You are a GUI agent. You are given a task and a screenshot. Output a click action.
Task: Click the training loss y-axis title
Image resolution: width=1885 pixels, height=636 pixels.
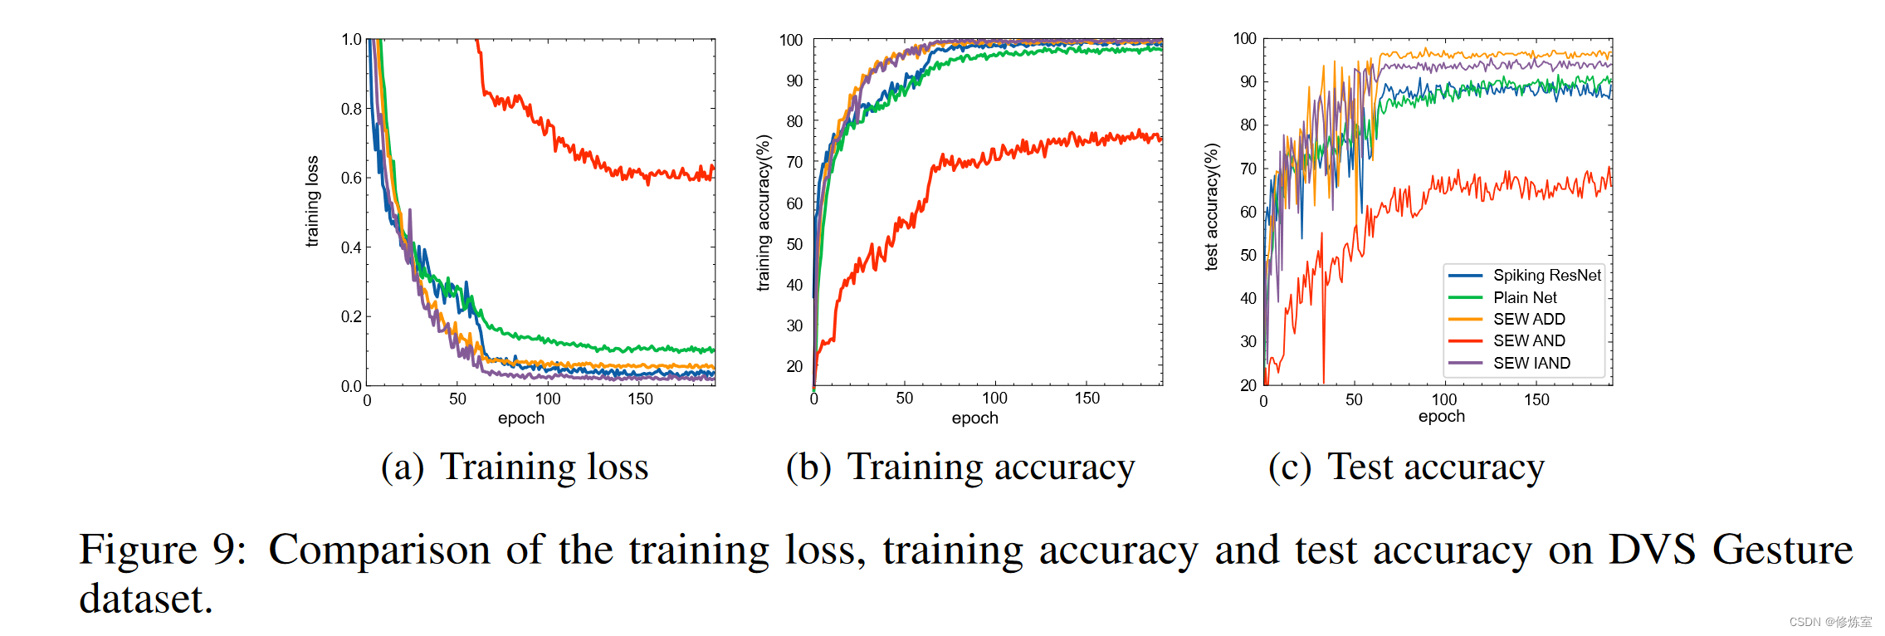[x=312, y=202]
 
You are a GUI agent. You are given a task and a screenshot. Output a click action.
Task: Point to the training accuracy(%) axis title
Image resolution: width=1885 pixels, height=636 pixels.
[x=763, y=213]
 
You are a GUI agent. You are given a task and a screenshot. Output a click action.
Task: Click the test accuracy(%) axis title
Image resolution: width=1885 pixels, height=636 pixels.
[x=1212, y=207]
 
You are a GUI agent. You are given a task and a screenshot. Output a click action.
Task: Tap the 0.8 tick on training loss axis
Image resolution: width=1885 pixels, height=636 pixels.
[x=351, y=109]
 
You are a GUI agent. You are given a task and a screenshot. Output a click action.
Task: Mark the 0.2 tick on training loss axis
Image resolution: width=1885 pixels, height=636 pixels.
[x=351, y=316]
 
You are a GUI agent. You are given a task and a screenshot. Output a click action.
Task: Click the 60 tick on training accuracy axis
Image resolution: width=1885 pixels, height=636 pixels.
[x=794, y=203]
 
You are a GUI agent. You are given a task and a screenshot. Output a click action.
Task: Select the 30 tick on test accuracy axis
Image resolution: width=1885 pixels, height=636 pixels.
[x=1248, y=341]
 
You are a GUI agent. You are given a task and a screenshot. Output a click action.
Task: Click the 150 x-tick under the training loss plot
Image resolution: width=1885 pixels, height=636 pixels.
[x=640, y=399]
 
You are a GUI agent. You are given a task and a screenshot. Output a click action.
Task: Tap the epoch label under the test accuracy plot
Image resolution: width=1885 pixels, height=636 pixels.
[x=1441, y=417]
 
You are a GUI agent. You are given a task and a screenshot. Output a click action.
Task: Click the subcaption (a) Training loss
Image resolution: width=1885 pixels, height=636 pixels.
[x=515, y=467]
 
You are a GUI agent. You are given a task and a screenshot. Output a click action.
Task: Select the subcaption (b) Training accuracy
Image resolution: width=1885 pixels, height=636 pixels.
[x=960, y=467]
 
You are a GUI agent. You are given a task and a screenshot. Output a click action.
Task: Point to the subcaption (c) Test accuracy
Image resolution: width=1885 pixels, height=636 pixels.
[x=1406, y=467]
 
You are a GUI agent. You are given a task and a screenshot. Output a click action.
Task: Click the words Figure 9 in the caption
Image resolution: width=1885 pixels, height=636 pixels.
[x=163, y=550]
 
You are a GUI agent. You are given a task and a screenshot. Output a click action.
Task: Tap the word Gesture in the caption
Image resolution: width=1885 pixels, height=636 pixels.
[x=1782, y=550]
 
